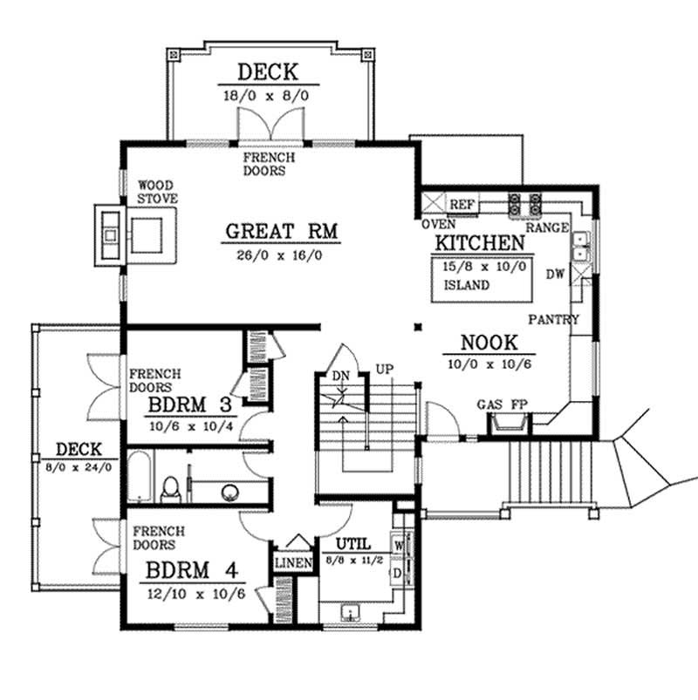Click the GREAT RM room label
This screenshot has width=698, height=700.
tap(281, 232)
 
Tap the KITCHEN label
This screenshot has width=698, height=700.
tap(479, 243)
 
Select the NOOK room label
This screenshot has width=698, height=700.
tap(489, 343)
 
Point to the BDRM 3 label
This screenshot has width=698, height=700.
tap(190, 406)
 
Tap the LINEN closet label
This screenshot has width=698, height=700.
tap(293, 564)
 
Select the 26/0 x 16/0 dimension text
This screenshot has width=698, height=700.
tap(281, 255)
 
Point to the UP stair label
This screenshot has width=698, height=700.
tap(384, 368)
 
